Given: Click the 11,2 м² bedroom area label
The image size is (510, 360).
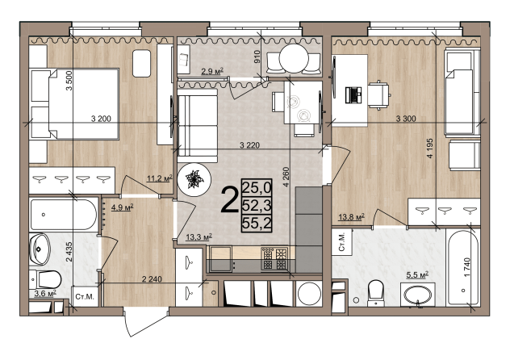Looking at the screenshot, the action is (160, 178).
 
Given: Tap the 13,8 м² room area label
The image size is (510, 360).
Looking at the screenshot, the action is (351, 217).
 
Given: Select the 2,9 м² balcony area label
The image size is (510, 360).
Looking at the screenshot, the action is (212, 71).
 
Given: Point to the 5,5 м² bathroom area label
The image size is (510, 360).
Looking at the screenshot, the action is (417, 275).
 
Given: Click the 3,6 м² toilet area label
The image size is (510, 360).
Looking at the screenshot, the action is (45, 294).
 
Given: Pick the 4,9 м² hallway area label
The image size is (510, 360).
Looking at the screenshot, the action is (123, 207).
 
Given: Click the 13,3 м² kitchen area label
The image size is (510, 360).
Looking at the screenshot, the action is (199, 237).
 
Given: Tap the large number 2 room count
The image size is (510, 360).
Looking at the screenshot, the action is (230, 201).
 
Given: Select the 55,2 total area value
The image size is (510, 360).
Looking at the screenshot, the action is (257, 223).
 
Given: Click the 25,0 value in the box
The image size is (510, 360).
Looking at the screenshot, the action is (257, 187).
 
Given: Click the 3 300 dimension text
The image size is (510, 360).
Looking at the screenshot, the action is (406, 119).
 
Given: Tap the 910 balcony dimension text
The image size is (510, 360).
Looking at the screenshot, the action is (258, 57).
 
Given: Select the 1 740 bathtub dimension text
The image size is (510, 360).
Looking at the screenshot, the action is (467, 267).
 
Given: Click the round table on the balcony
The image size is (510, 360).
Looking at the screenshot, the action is (295, 59).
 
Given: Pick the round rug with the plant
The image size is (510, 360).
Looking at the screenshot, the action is (194, 179).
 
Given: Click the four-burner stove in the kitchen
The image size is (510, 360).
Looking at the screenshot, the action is (274, 258).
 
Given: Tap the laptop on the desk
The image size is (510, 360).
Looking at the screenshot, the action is (353, 95).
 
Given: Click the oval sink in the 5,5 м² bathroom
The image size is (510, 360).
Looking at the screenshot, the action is (418, 295).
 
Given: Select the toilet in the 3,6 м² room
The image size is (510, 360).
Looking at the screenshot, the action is (45, 279).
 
